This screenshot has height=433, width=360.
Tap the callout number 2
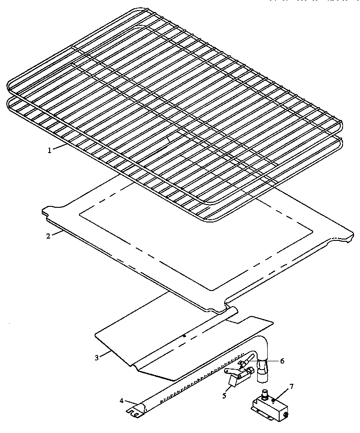pos(48,236)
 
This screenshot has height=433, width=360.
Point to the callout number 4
pos(122,400)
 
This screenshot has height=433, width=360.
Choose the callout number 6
pos(282,361)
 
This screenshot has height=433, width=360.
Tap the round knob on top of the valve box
pos(265,394)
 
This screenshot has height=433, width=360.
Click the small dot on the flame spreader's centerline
pos(185,336)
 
